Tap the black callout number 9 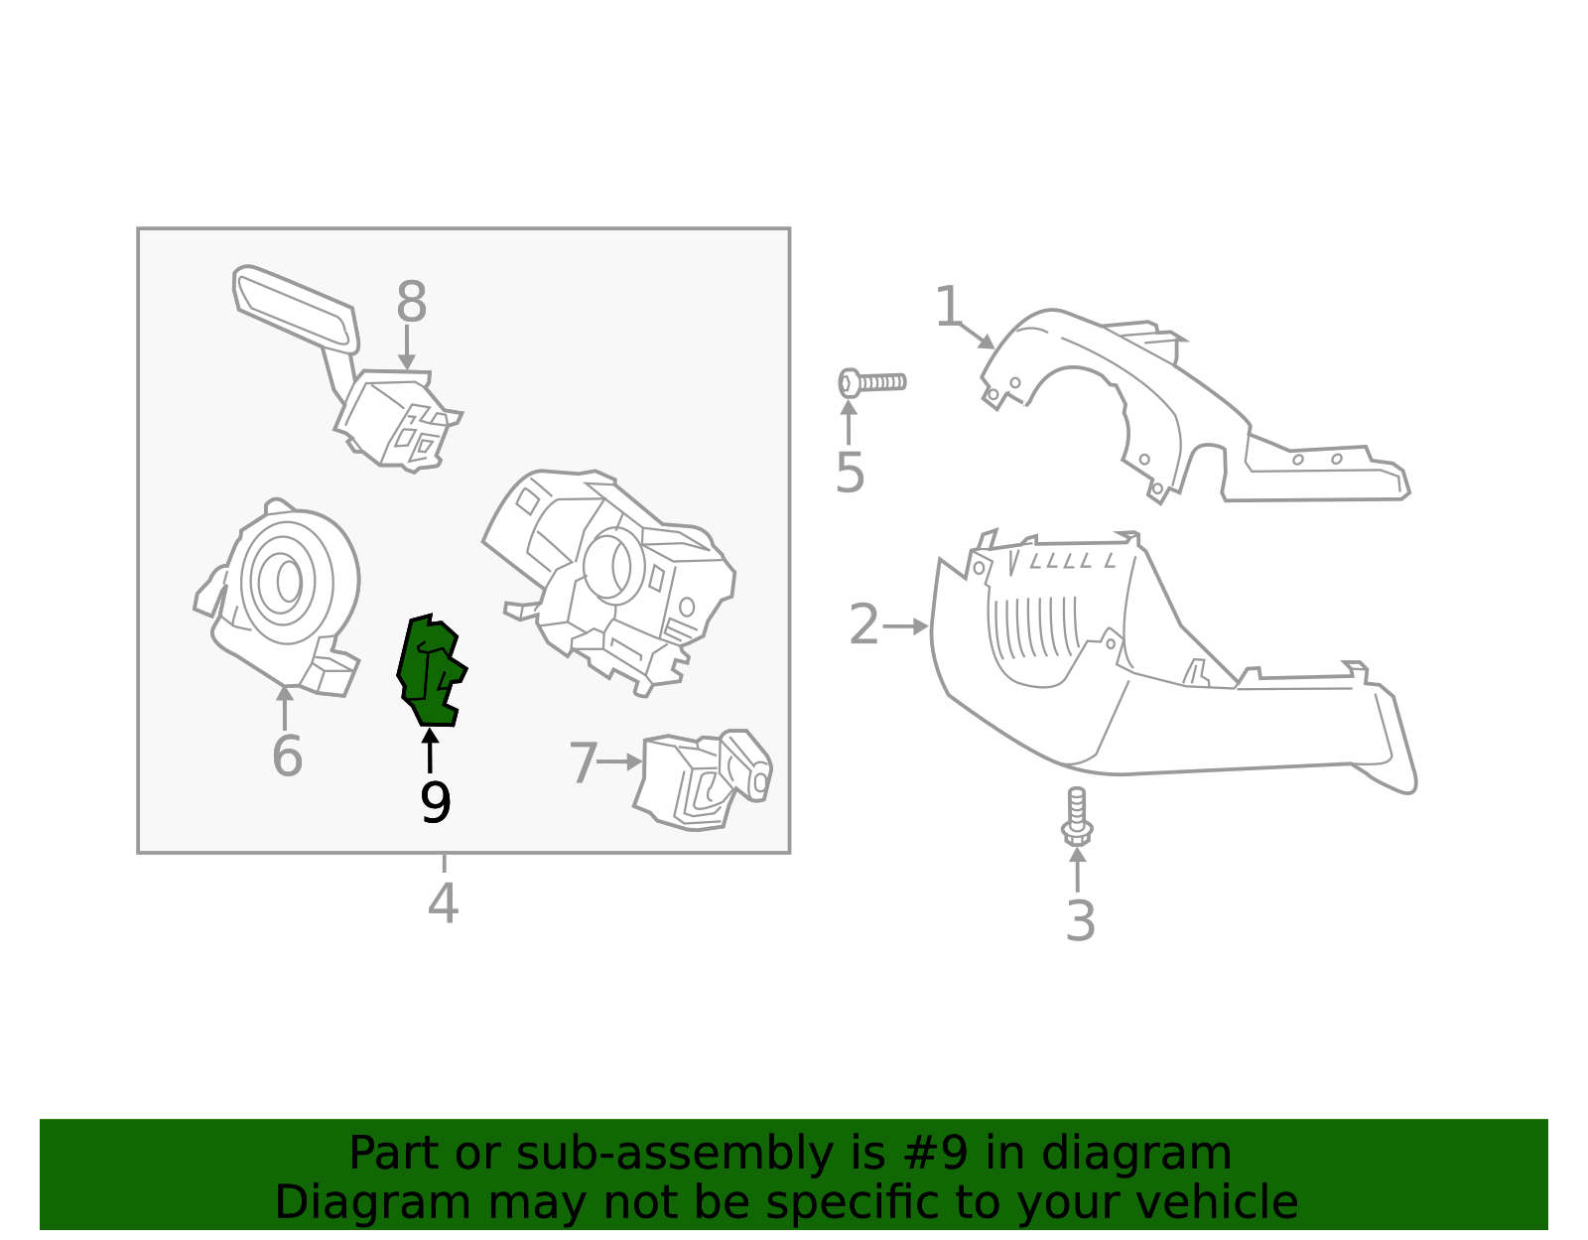point(435,803)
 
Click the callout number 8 point(411,303)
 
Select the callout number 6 point(287,757)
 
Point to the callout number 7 point(583,763)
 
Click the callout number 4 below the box point(443,903)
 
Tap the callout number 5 point(850,473)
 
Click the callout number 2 point(863,625)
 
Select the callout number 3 point(1080,921)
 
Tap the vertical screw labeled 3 point(1077,816)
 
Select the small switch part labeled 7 point(703,781)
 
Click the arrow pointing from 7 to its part point(621,762)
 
